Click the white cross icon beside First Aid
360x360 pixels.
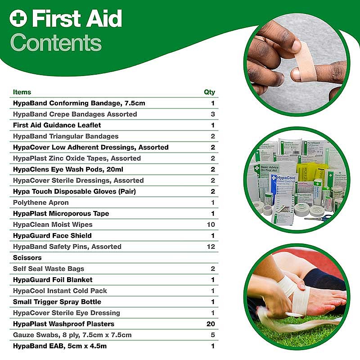pos(18,18)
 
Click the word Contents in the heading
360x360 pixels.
pos(56,42)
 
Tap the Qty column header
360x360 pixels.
pos(209,92)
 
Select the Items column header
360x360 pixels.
pos(22,92)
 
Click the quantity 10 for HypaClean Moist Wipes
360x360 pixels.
pos(211,225)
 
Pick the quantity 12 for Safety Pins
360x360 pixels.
pos(211,247)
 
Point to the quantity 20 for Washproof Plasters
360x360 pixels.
pos(211,324)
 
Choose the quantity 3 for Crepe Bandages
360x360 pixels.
pos(213,114)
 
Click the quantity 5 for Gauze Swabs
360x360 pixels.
pos(213,335)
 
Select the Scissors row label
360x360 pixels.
pos(27,257)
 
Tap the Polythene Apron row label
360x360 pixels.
pos(40,202)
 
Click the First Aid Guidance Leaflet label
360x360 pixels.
pos(57,125)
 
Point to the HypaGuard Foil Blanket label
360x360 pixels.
pos(53,279)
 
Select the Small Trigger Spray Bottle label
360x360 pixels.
pos(57,301)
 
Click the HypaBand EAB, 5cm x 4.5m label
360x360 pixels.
pos(60,346)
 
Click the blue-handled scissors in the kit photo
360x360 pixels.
pos(321,217)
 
